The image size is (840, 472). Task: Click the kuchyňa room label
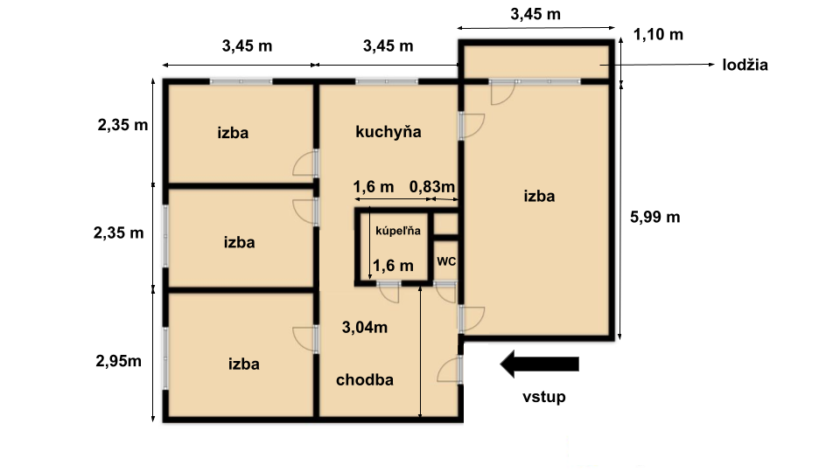[x=388, y=132]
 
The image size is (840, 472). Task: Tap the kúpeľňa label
[x=398, y=231]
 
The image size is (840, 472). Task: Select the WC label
[x=446, y=261]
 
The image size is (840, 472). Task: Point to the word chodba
[x=365, y=379]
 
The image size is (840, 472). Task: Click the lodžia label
[x=745, y=65]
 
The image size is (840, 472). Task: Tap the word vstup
[x=543, y=397]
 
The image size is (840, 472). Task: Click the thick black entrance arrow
[x=540, y=364]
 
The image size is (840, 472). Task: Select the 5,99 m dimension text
[x=654, y=218]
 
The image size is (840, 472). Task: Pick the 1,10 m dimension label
[x=658, y=35]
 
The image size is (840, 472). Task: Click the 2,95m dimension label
[x=118, y=361]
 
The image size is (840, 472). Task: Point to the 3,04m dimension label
[x=365, y=327]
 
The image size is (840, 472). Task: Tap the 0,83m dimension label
[x=431, y=187]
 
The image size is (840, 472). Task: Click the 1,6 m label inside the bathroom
[x=393, y=266]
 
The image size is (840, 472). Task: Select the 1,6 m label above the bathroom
[x=374, y=187]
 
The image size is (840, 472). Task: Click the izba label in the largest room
[x=539, y=196]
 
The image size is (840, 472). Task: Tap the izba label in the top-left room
[x=233, y=133]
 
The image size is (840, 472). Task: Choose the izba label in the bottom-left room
[x=244, y=364]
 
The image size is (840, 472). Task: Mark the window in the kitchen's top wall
[x=386, y=82]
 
